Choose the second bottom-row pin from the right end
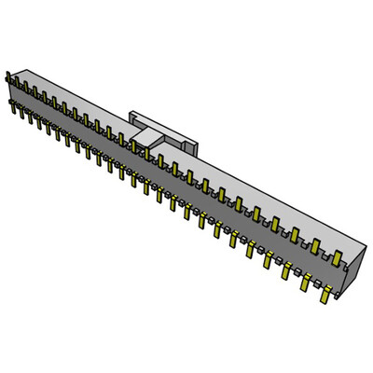point(306,281)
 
